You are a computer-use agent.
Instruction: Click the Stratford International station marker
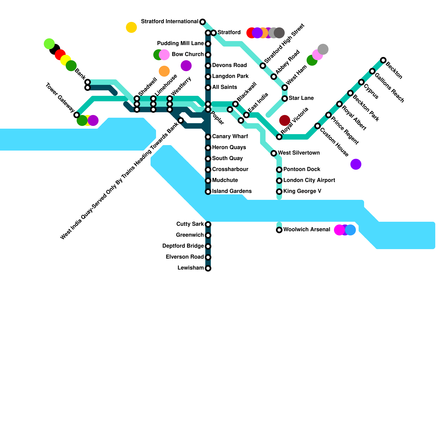pos(203,22)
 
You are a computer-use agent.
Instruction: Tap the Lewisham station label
pos(191,268)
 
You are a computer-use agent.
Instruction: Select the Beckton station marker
pos(383,60)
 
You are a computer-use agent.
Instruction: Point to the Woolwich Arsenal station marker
pos(279,230)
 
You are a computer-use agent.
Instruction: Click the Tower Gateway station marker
pos(77,115)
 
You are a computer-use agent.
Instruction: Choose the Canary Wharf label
pos(230,137)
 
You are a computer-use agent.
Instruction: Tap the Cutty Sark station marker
pos(208,224)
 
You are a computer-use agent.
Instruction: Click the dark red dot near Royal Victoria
pos(285,120)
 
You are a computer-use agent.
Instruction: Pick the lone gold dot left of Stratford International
pos(131,27)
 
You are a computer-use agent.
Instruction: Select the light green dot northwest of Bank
pos(49,44)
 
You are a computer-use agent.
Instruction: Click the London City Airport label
pos(309,180)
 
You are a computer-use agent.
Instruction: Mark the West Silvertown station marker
pos(274,153)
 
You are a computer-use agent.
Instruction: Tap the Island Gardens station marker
pos(208,192)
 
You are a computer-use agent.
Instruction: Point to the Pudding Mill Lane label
pos(180,44)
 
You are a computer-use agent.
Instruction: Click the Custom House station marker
pos(318,126)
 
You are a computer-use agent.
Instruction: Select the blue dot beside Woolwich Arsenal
pos(351,230)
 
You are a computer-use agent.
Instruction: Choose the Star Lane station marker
pos(285,99)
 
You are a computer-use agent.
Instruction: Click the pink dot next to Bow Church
pos(164,55)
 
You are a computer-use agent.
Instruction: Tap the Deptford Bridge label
pos(183,246)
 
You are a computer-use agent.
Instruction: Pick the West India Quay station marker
pos(181,120)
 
